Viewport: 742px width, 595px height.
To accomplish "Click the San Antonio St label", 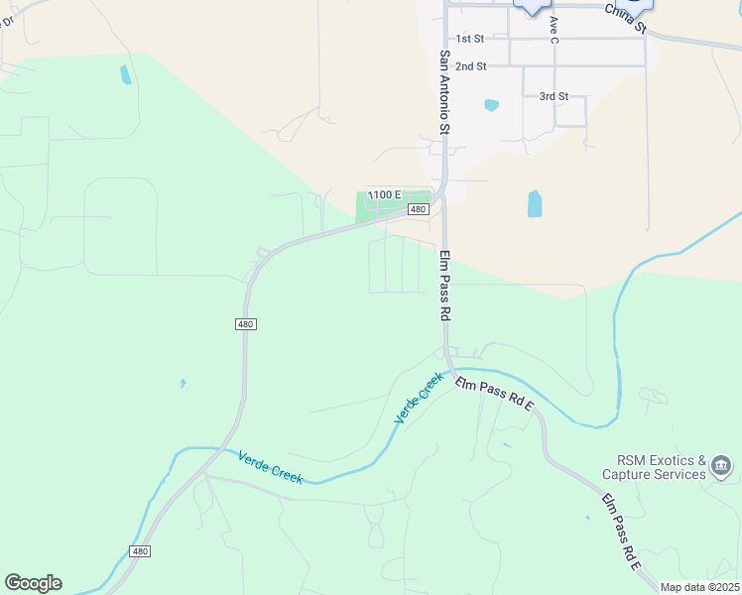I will pyautogui.click(x=445, y=93).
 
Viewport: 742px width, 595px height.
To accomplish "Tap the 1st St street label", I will pyautogui.click(x=470, y=38).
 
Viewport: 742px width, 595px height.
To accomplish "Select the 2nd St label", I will pyautogui.click(x=471, y=66).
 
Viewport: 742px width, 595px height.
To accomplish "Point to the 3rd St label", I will pyautogui.click(x=554, y=96).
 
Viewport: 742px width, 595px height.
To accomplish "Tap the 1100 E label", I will pyautogui.click(x=384, y=194).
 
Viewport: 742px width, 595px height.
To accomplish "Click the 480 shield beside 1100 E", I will pyautogui.click(x=418, y=209).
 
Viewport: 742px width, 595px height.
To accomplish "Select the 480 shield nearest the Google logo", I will pyautogui.click(x=141, y=551).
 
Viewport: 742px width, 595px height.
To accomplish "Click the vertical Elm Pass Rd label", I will pyautogui.click(x=445, y=285).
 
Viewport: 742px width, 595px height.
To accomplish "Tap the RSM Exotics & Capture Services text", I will pyautogui.click(x=661, y=467).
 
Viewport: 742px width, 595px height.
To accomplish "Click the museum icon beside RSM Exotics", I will pyautogui.click(x=721, y=465).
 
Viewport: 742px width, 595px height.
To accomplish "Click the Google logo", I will pyautogui.click(x=33, y=583).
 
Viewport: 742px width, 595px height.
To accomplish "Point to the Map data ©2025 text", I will pyautogui.click(x=699, y=587).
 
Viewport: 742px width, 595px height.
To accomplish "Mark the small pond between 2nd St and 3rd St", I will pyautogui.click(x=490, y=104).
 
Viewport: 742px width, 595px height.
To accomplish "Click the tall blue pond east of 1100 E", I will pyautogui.click(x=535, y=204).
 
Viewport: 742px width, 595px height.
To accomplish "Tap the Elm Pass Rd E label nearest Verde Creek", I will pyautogui.click(x=494, y=393).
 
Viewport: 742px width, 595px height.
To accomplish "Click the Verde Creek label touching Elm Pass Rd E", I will pyautogui.click(x=418, y=399).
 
